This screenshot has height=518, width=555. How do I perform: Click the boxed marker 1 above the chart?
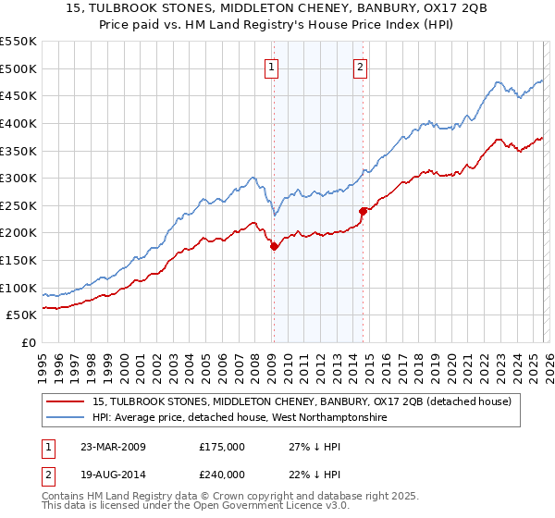[273, 66]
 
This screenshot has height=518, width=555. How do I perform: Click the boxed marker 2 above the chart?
[360, 66]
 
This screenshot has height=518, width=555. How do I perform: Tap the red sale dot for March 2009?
[274, 246]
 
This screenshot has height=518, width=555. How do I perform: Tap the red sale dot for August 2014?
[363, 211]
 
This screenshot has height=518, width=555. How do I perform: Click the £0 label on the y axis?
[28, 342]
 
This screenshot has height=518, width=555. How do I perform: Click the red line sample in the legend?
[67, 401]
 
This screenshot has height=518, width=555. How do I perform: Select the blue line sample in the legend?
[67, 418]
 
